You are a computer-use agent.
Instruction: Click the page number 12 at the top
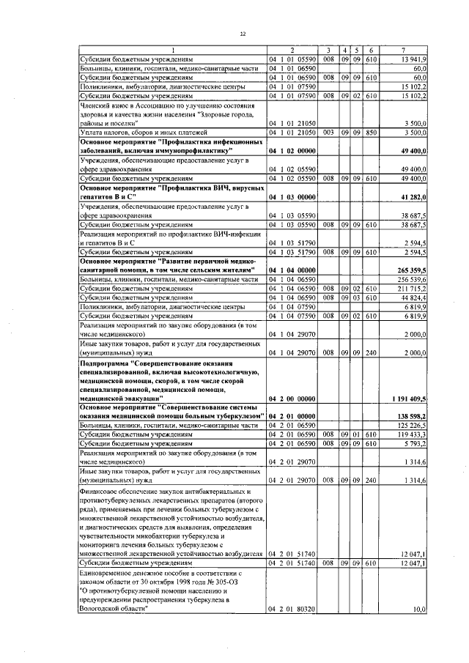click(x=243, y=34)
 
